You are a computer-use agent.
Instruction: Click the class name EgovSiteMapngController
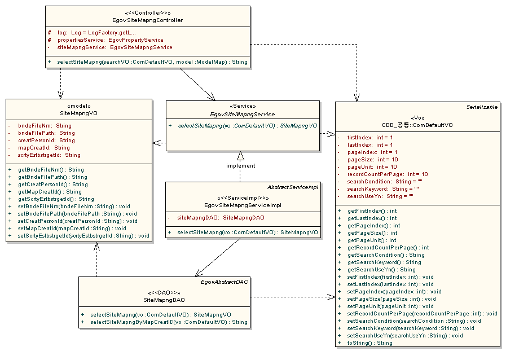[x=147, y=20]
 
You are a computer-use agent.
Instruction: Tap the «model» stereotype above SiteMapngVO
[x=79, y=106]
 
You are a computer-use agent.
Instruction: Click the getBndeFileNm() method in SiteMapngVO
[x=51, y=169]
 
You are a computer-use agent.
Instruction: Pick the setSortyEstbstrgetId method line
[x=83, y=235]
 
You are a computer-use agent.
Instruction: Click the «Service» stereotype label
[x=243, y=106]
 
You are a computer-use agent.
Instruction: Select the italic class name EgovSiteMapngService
[x=243, y=114]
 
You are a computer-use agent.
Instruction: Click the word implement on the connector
[x=241, y=166]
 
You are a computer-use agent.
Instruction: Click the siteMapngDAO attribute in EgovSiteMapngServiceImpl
[x=221, y=217]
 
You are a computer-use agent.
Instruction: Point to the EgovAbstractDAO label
[x=225, y=281]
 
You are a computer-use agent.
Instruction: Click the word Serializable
[x=482, y=107]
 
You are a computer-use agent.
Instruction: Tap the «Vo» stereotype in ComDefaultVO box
[x=417, y=118]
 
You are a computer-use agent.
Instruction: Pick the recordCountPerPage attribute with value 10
[x=388, y=174]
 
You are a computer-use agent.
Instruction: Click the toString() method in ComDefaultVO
[x=369, y=343]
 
